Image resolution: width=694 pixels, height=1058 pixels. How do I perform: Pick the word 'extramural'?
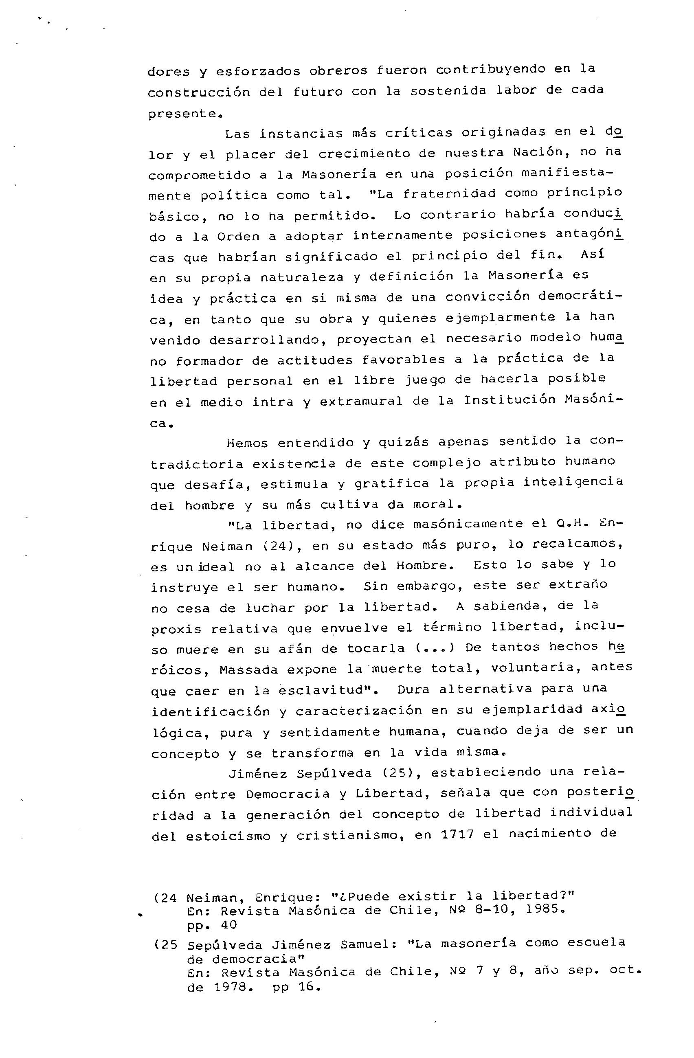(x=361, y=402)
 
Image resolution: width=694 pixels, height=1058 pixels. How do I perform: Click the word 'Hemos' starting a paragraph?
(x=248, y=443)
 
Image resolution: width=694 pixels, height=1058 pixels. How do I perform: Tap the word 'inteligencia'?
(x=573, y=482)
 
